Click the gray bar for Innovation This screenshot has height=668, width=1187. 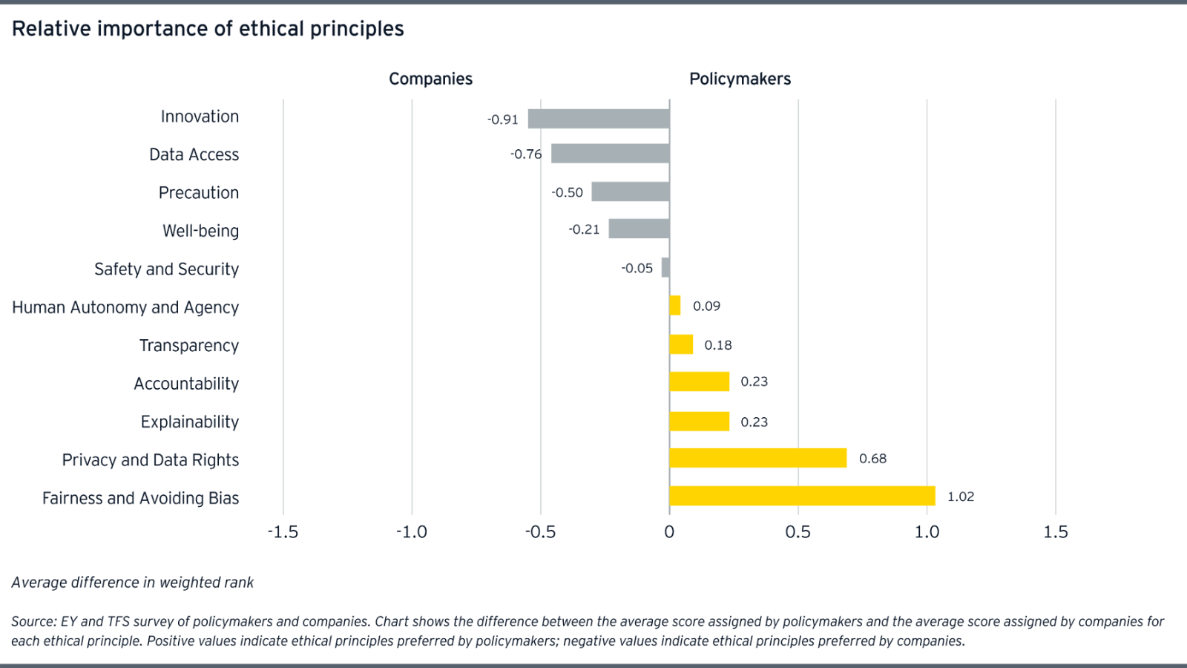coord(599,119)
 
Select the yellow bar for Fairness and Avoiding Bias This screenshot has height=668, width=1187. coord(802,496)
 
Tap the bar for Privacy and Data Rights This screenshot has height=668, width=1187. coord(758,458)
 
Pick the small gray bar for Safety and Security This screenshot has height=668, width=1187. coord(665,268)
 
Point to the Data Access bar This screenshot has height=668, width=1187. coord(610,154)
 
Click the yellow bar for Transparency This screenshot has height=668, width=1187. coord(682,344)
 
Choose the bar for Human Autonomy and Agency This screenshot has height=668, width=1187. coord(676,306)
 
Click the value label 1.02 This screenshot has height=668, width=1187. coord(961,497)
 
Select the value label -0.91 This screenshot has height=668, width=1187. coord(503,119)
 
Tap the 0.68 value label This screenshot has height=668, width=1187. coord(872,459)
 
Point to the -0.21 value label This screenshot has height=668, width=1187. coord(584,229)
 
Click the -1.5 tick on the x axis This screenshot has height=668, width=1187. coord(283,531)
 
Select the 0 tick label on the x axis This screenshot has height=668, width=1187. coord(669,531)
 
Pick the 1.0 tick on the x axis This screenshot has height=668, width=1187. coord(927,531)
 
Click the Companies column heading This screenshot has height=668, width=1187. coord(430,79)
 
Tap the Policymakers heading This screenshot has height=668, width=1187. coord(740,79)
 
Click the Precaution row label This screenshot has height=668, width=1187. coord(199,193)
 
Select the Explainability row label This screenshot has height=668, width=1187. coord(190,422)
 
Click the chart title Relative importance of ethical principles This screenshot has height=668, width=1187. coord(208,29)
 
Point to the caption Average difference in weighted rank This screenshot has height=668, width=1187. coord(133,583)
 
